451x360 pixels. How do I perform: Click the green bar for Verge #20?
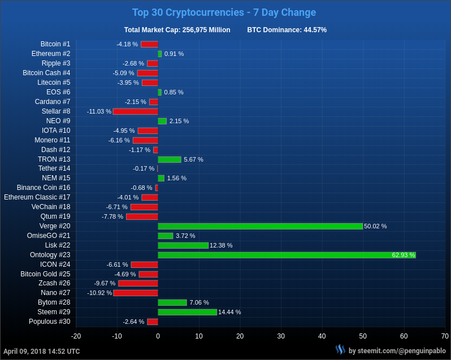click(260, 226)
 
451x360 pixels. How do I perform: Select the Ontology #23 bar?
click(287, 255)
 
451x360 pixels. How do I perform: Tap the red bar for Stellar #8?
click(135, 111)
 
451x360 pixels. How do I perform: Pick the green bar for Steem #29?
click(187, 312)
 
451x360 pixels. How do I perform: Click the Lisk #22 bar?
click(183, 245)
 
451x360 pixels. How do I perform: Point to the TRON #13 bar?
click(170, 159)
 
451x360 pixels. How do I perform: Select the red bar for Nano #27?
click(136, 293)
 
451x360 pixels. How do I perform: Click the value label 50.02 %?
click(375, 226)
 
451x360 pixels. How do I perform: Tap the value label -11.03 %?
click(99, 111)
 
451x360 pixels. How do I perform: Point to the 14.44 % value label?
click(229, 312)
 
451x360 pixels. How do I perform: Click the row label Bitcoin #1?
click(55, 44)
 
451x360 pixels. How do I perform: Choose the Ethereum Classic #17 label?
click(37, 197)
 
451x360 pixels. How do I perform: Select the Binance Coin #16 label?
click(44, 188)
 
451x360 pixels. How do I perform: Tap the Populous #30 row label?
click(50, 322)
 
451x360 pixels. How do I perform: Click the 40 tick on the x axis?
click(322, 336)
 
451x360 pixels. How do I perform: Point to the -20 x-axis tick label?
click(76, 336)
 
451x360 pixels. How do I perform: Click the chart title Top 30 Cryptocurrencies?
click(224, 12)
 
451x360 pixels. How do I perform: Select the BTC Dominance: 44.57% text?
click(287, 30)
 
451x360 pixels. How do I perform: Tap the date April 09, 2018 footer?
click(42, 352)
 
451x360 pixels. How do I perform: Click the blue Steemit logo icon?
click(340, 350)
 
